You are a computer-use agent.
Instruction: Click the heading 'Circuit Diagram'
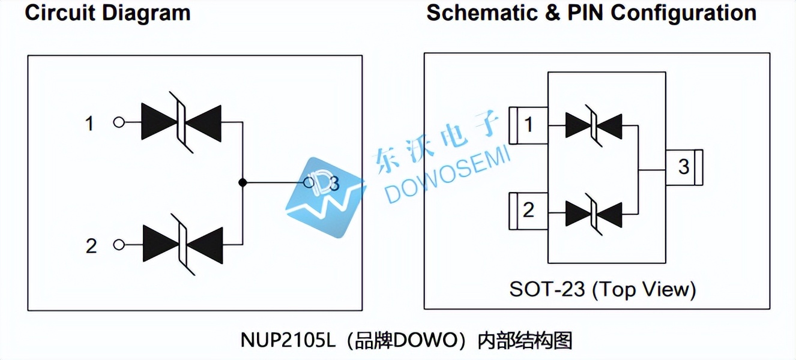point(107,13)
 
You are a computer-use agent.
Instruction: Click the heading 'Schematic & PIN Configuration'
point(591,13)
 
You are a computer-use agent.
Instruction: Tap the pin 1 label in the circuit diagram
point(89,124)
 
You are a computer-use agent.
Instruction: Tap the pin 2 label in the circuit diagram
point(91,245)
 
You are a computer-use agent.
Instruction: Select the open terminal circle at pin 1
point(119,122)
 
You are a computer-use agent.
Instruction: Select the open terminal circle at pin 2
point(119,245)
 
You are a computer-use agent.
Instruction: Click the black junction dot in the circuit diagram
point(242,182)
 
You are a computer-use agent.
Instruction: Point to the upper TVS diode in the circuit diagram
point(181,122)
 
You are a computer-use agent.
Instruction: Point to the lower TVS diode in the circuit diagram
point(182,245)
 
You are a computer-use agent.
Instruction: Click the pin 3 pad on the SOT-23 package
point(684,166)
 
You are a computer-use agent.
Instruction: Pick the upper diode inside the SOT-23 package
point(593,125)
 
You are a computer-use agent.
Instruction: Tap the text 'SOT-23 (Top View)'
point(602,290)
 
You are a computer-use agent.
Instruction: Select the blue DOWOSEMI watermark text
point(447,178)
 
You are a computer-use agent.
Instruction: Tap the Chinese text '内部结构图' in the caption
point(525,341)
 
